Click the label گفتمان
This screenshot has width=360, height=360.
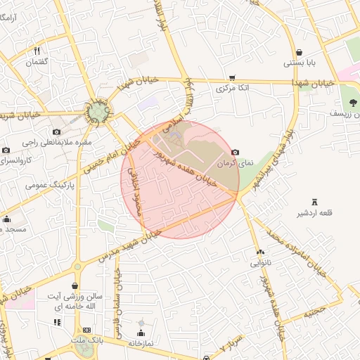coord(37,63)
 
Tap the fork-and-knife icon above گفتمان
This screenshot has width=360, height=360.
coord(37,51)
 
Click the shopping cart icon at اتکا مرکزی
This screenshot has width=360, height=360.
coord(232,78)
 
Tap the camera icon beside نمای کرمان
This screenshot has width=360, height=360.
coord(235,152)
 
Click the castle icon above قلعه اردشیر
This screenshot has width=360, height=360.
coord(314,202)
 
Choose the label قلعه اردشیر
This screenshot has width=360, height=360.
coord(314,214)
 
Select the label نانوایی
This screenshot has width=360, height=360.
coord(260,264)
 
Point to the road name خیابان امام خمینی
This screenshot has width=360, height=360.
coord(108,156)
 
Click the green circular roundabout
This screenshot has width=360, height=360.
coord(96,110)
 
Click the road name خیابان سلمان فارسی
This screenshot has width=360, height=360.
coord(120,306)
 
